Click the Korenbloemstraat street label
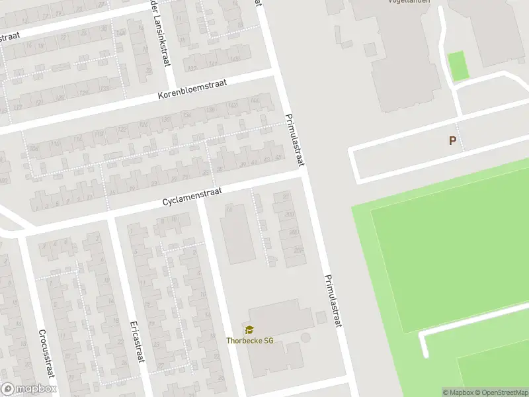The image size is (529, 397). point(192,90)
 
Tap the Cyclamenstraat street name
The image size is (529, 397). point(192,197)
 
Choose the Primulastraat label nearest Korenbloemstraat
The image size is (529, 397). point(293,141)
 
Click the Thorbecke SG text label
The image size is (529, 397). point(250,341)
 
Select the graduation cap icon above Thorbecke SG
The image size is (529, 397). point(250,330)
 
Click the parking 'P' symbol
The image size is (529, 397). point(452,140)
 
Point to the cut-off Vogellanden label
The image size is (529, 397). point(409,2)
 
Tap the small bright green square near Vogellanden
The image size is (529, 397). point(458,66)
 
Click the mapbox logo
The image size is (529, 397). point(29,389)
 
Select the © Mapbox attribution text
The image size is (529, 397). point(458,392)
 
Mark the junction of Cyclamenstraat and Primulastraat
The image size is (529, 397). point(303,175)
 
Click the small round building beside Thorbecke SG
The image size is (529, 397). point(305,338)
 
